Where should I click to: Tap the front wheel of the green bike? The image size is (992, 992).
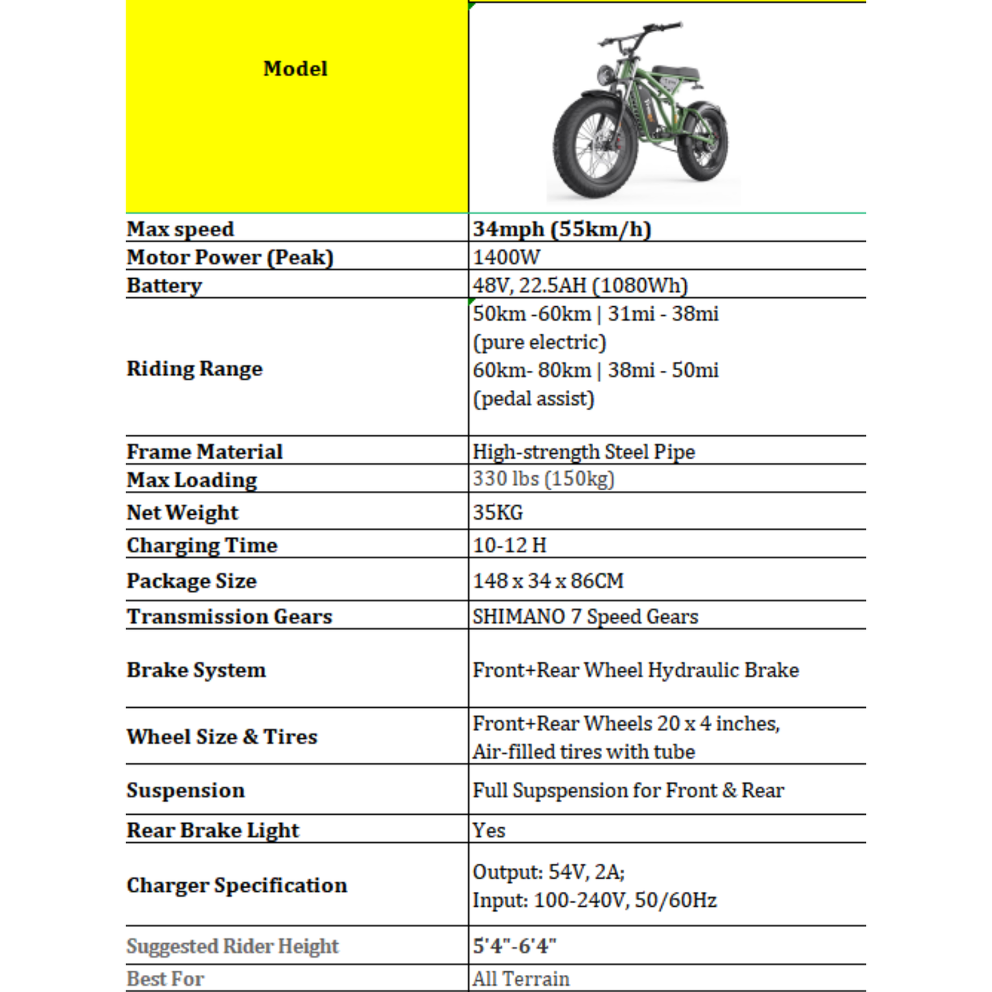click(x=590, y=154)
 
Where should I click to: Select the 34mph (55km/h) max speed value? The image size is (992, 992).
click(x=562, y=229)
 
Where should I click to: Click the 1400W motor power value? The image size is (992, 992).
click(x=506, y=257)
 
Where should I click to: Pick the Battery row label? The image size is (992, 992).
click(x=164, y=286)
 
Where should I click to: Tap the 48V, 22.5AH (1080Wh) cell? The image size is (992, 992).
click(x=580, y=286)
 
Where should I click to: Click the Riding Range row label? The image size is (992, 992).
click(x=194, y=369)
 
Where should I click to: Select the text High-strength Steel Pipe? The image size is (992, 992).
click(x=584, y=452)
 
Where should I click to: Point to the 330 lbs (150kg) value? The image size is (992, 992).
click(x=543, y=478)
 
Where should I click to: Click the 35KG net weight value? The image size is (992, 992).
click(x=498, y=512)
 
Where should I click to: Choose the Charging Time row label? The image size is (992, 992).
click(x=202, y=545)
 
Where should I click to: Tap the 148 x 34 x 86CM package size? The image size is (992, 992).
click(x=548, y=581)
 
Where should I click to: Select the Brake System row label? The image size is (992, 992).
click(x=196, y=670)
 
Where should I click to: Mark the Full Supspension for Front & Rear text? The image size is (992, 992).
click(x=628, y=790)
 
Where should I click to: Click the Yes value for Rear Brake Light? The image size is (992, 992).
click(x=489, y=831)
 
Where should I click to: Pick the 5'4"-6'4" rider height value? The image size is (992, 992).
click(x=514, y=946)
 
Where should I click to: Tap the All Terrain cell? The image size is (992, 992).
click(x=521, y=979)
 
